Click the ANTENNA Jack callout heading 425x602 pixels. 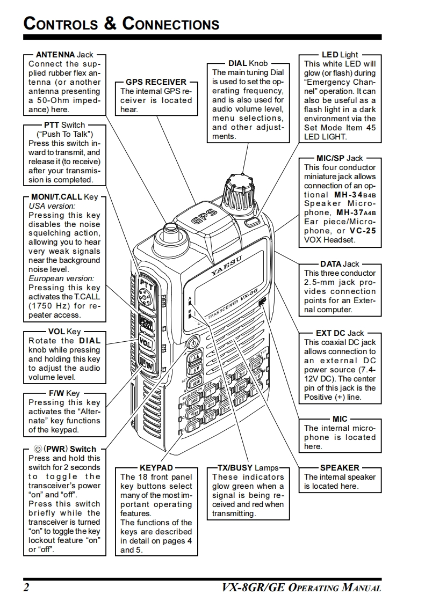64,55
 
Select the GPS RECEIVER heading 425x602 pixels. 156,82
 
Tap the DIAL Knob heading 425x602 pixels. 248,63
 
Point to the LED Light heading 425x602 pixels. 340,55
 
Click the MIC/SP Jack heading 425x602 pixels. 340,158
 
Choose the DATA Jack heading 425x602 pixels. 340,264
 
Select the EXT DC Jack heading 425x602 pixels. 340,333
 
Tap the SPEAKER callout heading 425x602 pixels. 340,468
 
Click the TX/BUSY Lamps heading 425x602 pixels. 248,468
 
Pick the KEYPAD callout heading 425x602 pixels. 156,468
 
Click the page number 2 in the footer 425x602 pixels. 26,587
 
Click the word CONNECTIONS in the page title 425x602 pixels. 171,24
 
